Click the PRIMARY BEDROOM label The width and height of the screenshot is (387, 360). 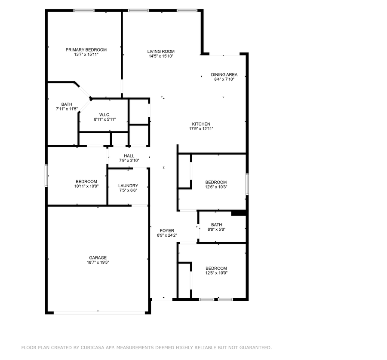click(x=86, y=50)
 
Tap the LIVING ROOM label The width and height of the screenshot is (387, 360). click(x=161, y=52)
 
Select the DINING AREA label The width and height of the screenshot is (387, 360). click(x=224, y=75)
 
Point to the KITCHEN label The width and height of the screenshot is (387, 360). click(x=201, y=124)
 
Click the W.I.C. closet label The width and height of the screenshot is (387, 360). click(x=104, y=115)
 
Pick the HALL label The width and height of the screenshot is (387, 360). click(x=129, y=156)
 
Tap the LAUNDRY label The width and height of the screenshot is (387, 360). click(x=128, y=186)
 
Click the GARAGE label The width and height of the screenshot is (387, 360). click(x=98, y=258)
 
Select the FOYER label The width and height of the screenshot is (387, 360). click(x=167, y=231)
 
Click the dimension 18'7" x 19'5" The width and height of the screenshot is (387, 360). click(x=98, y=262)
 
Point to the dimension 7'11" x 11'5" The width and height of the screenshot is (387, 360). click(x=67, y=109)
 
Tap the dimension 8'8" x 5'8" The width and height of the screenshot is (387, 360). click(x=216, y=229)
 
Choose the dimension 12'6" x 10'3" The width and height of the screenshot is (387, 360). click(x=216, y=187)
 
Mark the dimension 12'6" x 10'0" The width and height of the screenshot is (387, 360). click(x=216, y=273)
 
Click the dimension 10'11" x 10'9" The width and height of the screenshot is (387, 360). click(x=86, y=186)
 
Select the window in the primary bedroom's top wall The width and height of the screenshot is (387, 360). click(x=84, y=11)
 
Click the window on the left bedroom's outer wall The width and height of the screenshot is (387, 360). click(x=46, y=176)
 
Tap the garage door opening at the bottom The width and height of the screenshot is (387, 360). click(x=99, y=313)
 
